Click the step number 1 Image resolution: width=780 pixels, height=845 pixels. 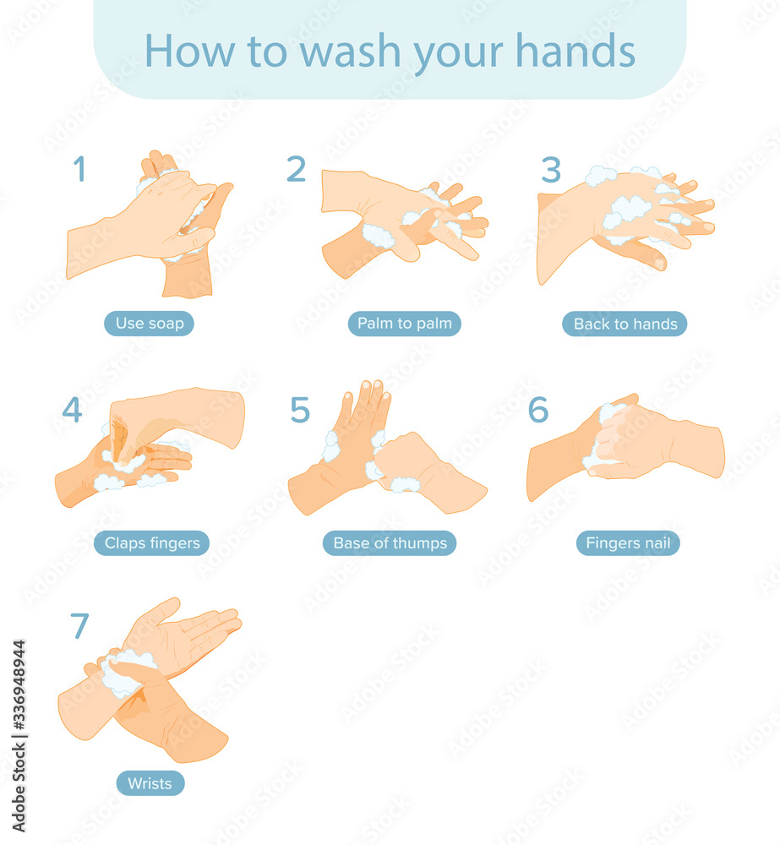pos(79,169)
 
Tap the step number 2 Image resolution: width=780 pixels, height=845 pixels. pos(296,169)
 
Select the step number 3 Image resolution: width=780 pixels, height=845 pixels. pos(551,170)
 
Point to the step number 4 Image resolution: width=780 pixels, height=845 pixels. pos(72,410)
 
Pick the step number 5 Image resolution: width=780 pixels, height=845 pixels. pos(300,410)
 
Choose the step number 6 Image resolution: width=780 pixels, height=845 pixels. pos(538,410)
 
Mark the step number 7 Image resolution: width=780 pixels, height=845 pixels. pos(79,626)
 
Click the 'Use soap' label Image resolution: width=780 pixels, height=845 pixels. pos(150,324)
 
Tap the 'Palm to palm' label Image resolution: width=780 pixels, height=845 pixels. pos(404,324)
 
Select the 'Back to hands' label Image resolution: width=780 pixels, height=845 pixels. pos(625,324)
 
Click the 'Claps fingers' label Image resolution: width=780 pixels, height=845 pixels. pos(152,543)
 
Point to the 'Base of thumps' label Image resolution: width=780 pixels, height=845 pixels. pos(390,543)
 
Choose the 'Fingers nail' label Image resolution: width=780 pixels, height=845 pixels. pos(628,543)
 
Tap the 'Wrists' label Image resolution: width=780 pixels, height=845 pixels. pos(150,783)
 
